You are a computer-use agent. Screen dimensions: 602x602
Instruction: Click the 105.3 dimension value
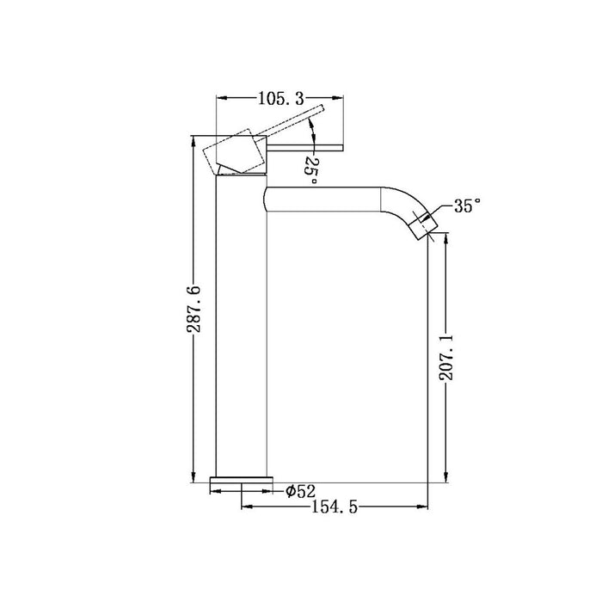(x=280, y=97)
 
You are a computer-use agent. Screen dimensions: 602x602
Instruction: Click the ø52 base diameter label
(x=301, y=491)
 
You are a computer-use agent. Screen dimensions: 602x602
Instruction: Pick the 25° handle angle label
(x=311, y=163)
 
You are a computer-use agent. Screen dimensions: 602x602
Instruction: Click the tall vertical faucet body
(x=242, y=327)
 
